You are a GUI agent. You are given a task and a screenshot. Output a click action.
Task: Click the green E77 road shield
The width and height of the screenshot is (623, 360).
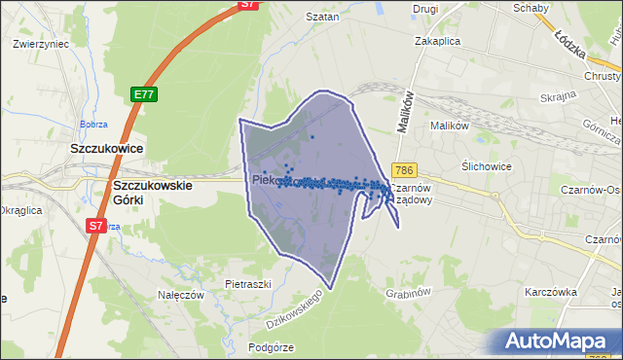[x=144, y=94]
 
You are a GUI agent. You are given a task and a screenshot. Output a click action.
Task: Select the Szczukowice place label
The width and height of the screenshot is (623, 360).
[x=107, y=148]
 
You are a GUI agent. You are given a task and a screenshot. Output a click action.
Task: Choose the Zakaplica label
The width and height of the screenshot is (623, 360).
[x=436, y=42]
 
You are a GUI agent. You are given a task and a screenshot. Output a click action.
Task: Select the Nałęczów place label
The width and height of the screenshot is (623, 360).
[x=179, y=294]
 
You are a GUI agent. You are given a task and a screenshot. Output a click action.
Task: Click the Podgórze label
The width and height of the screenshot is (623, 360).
[x=271, y=346]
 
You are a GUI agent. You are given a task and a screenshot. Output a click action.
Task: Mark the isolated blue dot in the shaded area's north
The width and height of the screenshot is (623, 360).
[x=312, y=137]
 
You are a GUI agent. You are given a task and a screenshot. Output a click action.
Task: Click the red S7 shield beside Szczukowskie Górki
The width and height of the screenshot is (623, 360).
[x=95, y=226]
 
